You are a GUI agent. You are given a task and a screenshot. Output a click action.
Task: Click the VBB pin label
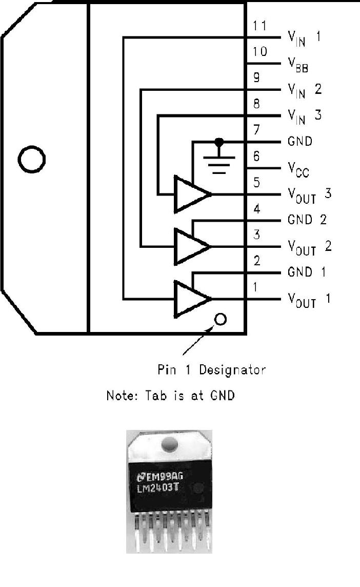click(x=297, y=65)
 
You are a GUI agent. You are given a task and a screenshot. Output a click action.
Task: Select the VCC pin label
click(x=298, y=169)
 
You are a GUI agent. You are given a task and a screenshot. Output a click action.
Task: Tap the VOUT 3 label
click(x=309, y=195)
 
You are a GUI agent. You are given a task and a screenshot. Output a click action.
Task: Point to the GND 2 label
click(x=307, y=220)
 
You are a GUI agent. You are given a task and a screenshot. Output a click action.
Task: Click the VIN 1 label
click(x=304, y=38)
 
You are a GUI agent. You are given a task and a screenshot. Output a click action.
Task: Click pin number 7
click(x=256, y=130)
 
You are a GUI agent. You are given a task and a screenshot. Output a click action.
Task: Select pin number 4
click(x=256, y=209)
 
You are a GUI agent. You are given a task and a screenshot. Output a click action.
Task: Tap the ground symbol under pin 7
click(x=219, y=160)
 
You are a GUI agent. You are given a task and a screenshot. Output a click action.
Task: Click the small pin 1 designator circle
click(x=221, y=320)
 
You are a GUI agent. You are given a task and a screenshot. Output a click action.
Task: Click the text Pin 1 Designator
click(x=211, y=369)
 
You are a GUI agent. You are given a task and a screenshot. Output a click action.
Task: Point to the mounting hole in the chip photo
click(x=169, y=445)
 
